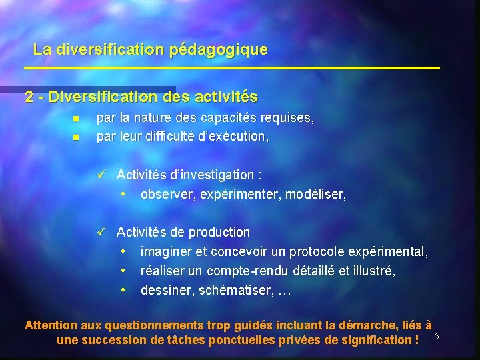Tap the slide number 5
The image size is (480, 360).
[x=436, y=335]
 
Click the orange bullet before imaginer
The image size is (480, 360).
[x=124, y=252]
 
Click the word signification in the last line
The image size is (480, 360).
[x=377, y=340]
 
